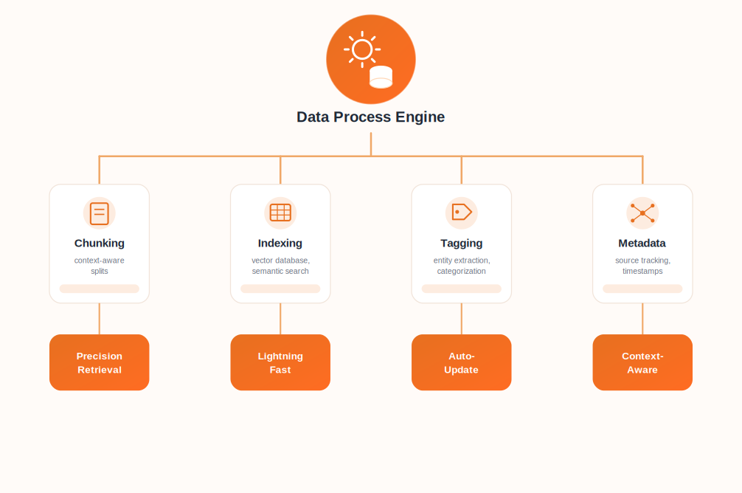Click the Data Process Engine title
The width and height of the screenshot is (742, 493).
coord(370,117)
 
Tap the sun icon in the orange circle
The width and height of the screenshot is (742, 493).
coord(362,49)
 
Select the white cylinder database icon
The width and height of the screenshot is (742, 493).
coord(381,77)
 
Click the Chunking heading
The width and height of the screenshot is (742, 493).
coord(100,243)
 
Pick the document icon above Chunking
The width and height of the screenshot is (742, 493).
coord(100,213)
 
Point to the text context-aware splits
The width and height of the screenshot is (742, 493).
coord(100,266)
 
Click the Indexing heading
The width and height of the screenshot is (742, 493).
coord(280,243)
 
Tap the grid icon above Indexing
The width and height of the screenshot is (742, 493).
coord(280,213)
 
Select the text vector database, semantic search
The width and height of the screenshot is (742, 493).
coord(280,266)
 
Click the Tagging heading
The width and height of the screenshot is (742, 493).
coord(462,243)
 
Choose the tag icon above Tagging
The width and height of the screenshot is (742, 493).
coord(462,212)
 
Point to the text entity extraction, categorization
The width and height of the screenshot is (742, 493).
coord(462,266)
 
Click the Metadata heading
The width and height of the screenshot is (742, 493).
coord(642,243)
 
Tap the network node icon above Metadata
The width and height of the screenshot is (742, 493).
coord(642,213)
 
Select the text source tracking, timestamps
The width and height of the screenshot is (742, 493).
coord(642,266)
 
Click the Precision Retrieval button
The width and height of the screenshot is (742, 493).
coord(100,362)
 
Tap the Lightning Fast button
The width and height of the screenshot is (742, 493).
coord(280,362)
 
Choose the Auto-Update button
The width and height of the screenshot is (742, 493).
coord(462,362)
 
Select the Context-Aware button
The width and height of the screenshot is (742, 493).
coord(642,362)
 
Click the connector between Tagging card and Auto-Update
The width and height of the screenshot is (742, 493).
coord(462,319)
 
